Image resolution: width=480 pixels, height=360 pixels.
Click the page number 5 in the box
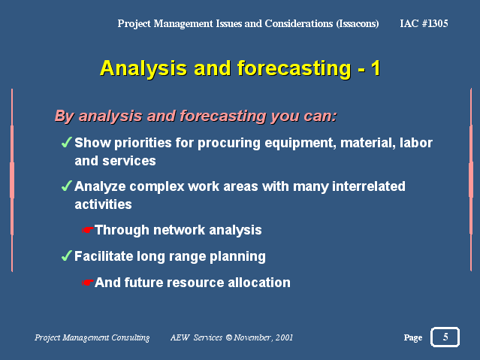445,337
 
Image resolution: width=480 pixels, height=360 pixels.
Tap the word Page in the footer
413,337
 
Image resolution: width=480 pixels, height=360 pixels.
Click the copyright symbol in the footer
229,337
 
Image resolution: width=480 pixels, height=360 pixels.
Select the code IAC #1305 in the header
424,23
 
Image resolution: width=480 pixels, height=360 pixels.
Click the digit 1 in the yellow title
376,68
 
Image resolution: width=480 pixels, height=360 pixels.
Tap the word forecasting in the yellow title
294,68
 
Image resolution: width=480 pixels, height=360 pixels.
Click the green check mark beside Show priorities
66,142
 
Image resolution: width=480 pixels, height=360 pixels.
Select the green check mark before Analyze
66,186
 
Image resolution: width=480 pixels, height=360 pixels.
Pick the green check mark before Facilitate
66,256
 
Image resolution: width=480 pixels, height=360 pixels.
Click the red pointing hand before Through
87,230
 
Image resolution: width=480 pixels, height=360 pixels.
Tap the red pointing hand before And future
87,283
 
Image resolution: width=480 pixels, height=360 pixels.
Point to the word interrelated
369,186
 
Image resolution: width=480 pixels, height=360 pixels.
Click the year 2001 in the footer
284,337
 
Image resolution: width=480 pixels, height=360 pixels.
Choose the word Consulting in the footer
131,337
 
